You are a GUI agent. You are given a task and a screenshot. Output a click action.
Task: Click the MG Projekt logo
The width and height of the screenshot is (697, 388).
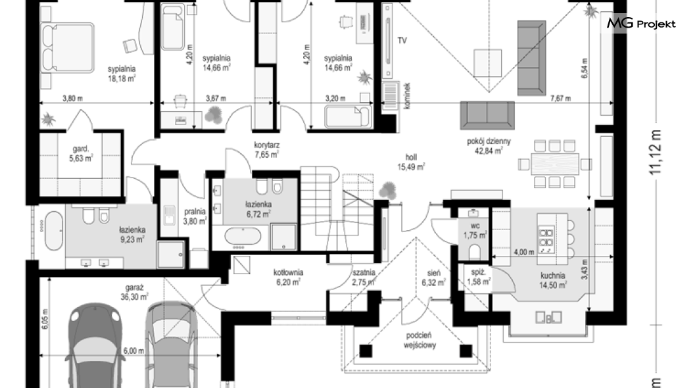click(641, 24)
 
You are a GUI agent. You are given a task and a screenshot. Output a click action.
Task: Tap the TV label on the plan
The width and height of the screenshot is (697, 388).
click(402, 41)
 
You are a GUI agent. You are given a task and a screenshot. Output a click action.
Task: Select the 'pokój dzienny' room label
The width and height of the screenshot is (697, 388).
click(489, 141)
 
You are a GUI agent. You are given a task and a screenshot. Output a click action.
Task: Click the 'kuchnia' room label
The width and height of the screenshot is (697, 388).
click(552, 276)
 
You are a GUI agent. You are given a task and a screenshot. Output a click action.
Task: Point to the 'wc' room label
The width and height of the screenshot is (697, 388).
click(475, 226)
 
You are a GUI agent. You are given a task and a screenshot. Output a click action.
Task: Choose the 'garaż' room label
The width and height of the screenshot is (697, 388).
click(133, 287)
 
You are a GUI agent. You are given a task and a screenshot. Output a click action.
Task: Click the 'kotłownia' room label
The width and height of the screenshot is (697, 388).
click(288, 272)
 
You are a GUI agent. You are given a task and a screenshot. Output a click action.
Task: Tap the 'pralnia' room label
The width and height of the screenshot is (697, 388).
click(195, 212)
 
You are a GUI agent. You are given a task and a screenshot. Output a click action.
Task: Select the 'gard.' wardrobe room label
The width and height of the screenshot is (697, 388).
click(81, 149)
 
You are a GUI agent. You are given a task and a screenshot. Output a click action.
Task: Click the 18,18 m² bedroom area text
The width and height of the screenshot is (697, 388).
click(122, 79)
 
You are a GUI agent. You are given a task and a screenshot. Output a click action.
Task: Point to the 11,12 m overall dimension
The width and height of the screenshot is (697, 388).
click(655, 152)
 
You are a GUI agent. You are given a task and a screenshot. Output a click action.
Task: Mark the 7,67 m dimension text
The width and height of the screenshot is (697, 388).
click(560, 98)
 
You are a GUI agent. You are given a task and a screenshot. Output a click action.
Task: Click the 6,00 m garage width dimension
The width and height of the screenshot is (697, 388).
click(133, 351)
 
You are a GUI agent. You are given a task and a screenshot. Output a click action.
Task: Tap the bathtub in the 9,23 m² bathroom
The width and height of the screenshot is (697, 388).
click(54, 231)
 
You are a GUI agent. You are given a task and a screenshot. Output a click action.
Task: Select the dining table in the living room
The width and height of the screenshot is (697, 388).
click(555, 164)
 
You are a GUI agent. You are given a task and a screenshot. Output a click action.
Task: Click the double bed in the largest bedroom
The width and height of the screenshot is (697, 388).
click(68, 48)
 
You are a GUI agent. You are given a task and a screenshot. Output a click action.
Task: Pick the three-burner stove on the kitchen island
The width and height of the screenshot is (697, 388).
click(546, 240)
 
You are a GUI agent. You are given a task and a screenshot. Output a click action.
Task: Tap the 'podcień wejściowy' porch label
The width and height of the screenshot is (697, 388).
click(420, 340)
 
